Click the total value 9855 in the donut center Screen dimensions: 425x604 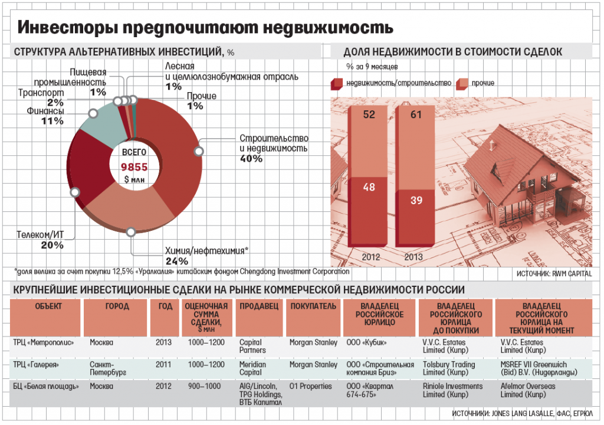[134, 167]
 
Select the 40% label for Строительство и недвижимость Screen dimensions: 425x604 [251, 159]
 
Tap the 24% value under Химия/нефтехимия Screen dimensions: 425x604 [177, 261]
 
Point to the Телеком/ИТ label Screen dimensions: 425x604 [41, 235]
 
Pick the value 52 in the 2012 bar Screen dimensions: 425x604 [369, 115]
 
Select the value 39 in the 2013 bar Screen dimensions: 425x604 [416, 201]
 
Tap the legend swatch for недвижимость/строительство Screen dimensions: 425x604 [338, 83]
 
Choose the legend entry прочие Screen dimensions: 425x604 [482, 83]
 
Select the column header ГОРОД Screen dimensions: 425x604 [117, 306]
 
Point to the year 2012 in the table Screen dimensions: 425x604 [164, 387]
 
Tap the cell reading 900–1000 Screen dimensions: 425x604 [204, 387]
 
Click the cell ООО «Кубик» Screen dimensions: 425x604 [368, 343]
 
